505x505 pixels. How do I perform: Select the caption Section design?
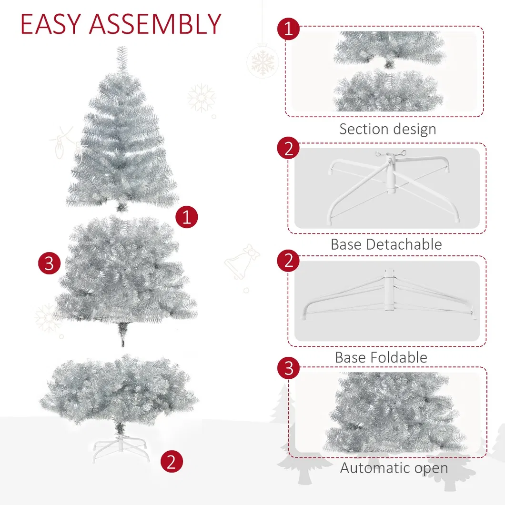coord(387,129)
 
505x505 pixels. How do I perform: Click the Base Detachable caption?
coord(386,244)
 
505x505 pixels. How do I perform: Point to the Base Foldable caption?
coord(381,357)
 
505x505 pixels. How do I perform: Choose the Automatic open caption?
coord(394,468)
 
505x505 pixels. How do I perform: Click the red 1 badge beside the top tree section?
coord(187,217)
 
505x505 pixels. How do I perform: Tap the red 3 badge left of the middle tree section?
coord(50,263)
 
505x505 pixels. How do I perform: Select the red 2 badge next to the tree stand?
coord(172,461)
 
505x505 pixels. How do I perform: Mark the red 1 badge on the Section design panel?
coord(288,30)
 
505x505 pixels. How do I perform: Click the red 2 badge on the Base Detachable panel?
coord(288,149)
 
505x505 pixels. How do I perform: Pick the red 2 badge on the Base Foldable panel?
coord(288,261)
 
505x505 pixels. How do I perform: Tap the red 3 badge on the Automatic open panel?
coord(288,368)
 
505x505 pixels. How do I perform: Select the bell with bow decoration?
coord(242,263)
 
